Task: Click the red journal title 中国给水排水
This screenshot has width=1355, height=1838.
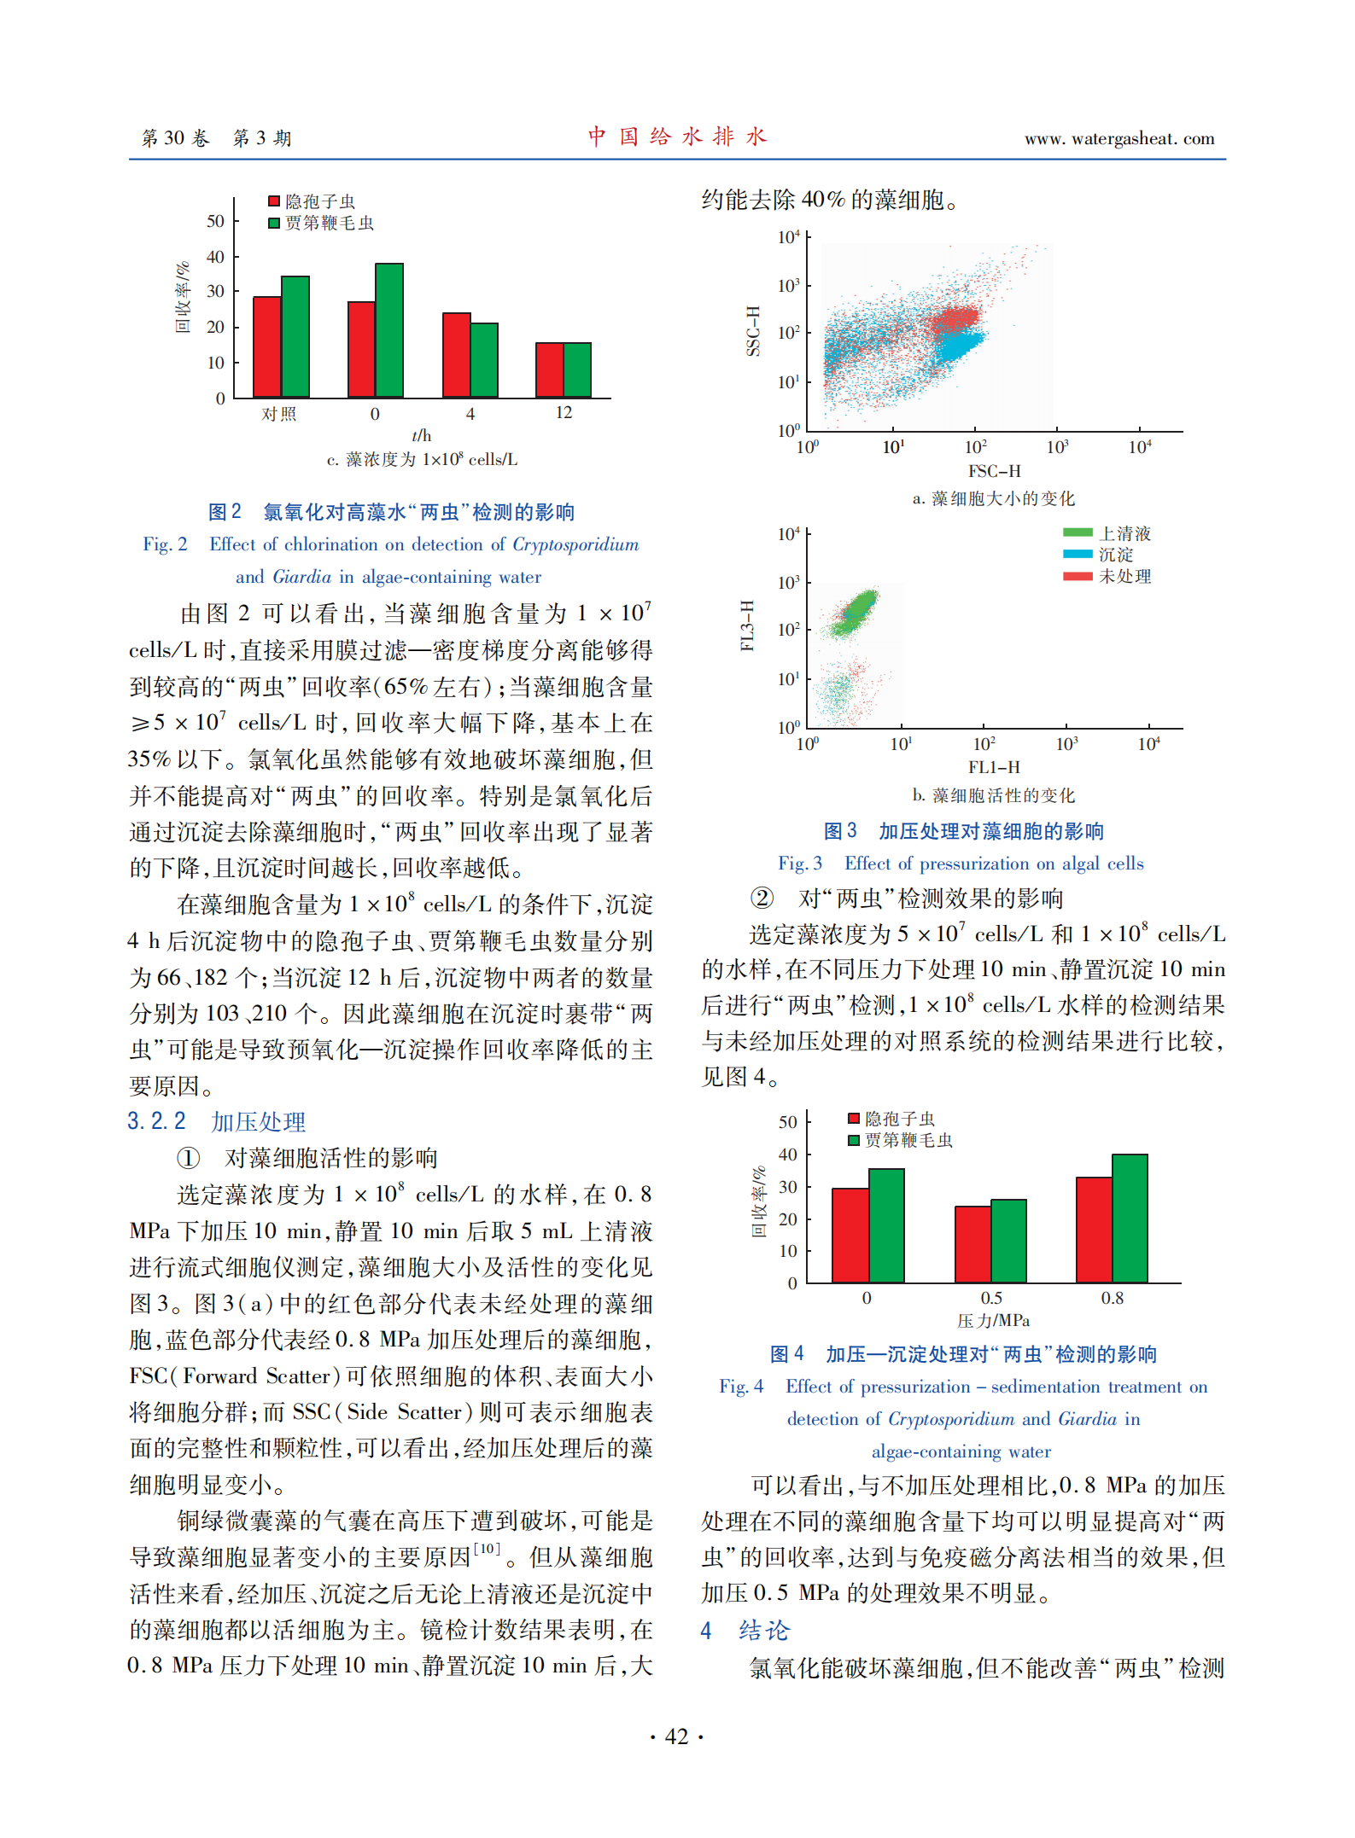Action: tap(677, 137)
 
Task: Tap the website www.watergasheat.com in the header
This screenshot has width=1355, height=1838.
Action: tap(1118, 138)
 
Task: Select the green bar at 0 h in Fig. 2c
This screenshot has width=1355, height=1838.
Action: tap(389, 330)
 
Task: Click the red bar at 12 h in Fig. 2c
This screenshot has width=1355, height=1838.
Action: tap(549, 369)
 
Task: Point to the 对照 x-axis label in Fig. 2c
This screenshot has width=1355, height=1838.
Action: tap(279, 414)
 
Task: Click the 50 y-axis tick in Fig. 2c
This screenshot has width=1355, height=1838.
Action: tap(215, 221)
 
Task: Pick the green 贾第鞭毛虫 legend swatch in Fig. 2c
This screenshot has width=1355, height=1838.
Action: tap(274, 224)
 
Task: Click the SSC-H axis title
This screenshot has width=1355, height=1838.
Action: tap(752, 330)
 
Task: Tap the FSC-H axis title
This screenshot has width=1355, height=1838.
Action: tap(994, 471)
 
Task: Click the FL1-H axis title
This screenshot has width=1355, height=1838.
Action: tap(994, 767)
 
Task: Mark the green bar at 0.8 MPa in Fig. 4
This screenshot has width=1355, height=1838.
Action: tap(1130, 1218)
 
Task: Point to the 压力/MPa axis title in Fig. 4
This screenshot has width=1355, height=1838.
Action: tap(993, 1321)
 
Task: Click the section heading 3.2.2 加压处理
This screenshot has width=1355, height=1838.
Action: tap(216, 1121)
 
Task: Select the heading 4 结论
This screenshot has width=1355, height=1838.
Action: tap(745, 1631)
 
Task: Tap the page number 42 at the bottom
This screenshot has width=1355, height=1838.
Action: tap(676, 1737)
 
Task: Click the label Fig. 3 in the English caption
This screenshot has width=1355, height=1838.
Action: tap(799, 864)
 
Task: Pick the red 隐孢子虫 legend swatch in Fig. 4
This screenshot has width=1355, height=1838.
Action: tap(853, 1119)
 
